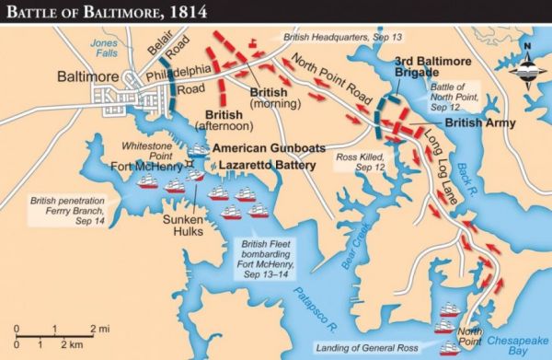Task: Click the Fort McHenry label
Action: (144, 166)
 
